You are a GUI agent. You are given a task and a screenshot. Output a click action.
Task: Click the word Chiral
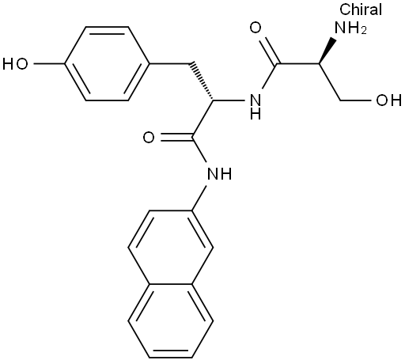361,9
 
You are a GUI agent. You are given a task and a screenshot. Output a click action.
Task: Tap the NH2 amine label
350,28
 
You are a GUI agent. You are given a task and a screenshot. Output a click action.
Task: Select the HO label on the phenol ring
15,64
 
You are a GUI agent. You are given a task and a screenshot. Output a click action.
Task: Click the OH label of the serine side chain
389,100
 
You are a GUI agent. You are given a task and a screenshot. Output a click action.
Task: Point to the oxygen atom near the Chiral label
255,28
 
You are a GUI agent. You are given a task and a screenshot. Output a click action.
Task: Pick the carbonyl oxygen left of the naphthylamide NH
149,137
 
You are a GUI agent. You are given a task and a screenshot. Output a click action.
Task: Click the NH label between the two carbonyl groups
255,106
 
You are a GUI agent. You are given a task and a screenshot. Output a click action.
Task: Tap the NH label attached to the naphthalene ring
220,174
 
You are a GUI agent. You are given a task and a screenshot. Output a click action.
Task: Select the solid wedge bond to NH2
326,51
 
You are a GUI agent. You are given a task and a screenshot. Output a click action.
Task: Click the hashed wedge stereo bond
202,81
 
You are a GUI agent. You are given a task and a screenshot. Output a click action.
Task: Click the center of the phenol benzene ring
107,64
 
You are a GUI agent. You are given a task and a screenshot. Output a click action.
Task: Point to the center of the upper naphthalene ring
170,248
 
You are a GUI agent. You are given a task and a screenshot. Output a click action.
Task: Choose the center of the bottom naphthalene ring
170,321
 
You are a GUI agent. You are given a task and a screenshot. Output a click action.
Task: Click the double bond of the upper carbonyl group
268,50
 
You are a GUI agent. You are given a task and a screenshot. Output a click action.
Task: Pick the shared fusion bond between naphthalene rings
170,284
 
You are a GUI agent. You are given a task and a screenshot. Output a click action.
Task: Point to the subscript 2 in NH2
364,31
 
